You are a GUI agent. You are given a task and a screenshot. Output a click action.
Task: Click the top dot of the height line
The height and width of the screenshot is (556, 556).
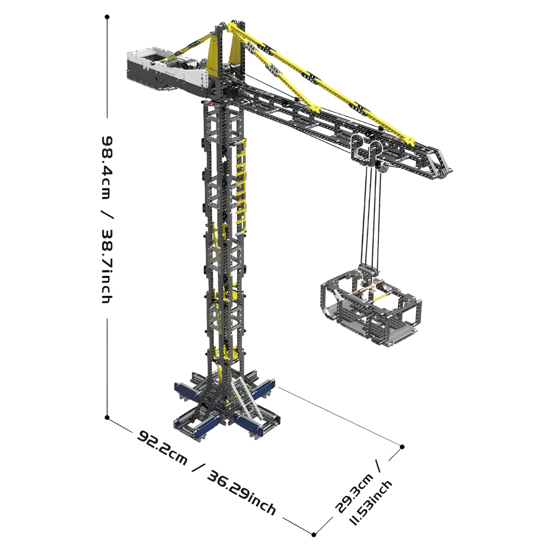(107, 17)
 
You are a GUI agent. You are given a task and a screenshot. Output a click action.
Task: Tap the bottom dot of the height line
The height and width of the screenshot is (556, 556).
(107, 417)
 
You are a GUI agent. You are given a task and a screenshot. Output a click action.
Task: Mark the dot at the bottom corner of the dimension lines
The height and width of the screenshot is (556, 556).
(314, 535)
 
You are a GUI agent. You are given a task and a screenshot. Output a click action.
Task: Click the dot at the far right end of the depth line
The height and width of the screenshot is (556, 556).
(403, 447)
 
